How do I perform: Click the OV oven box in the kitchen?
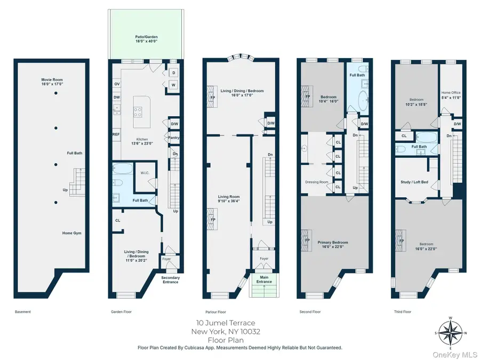116,84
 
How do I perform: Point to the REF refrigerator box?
116,134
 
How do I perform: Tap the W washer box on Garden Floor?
173,85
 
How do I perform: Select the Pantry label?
173,138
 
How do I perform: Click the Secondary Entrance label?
171,279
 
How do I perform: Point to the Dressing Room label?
316,182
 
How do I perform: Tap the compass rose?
451,333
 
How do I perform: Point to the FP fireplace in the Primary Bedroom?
307,240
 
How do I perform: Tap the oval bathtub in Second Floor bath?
361,101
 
